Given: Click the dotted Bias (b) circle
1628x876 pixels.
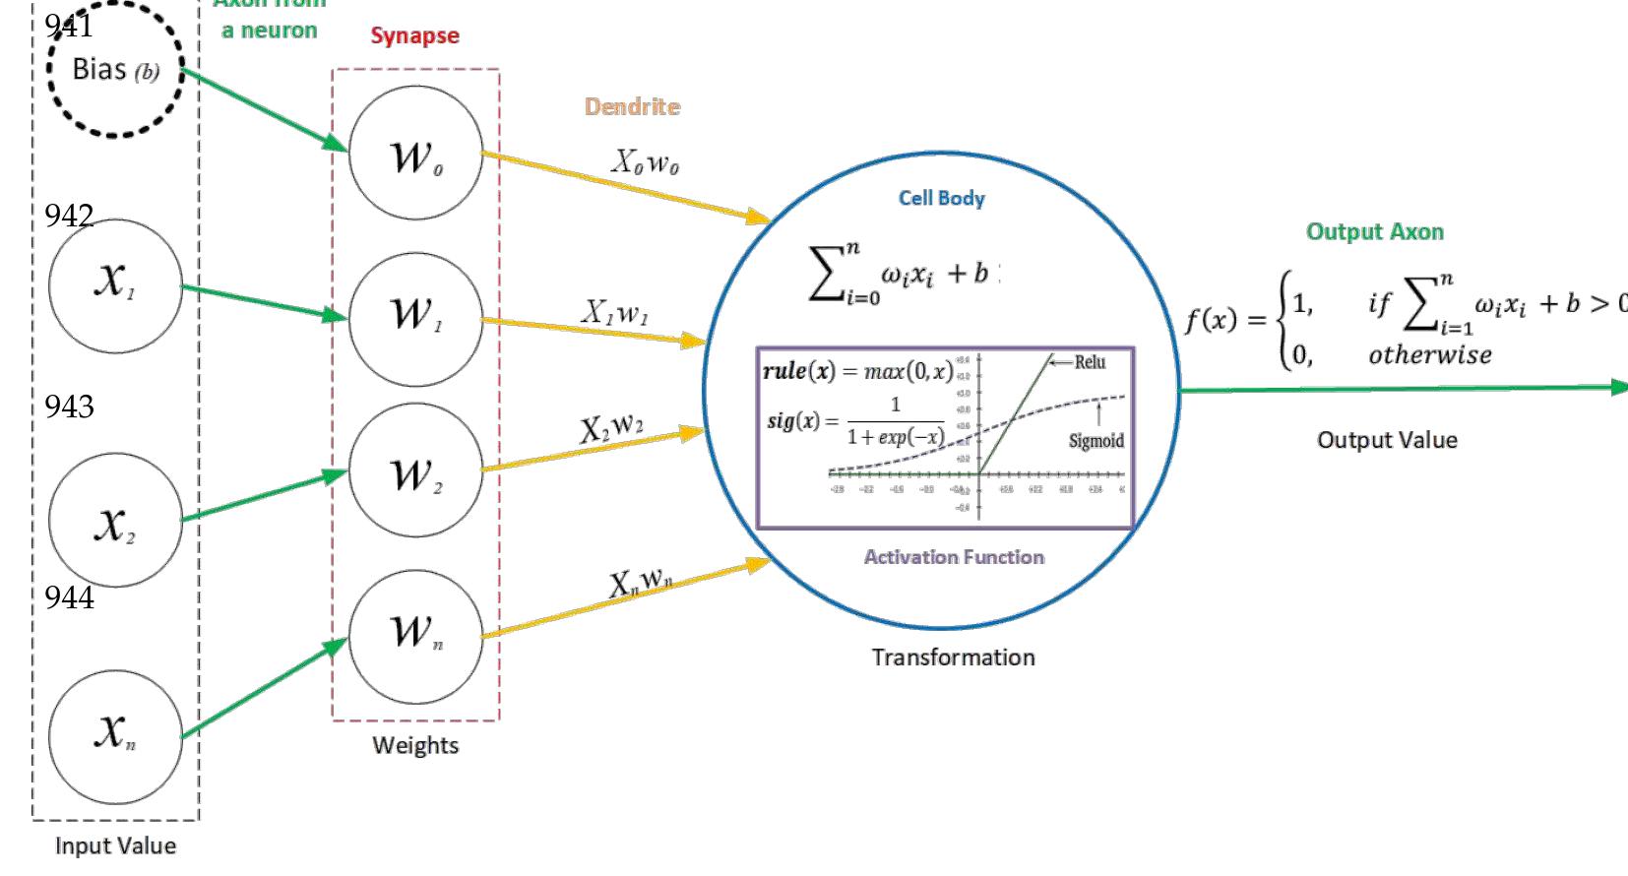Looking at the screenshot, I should point(115,69).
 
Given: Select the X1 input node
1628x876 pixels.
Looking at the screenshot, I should point(115,284).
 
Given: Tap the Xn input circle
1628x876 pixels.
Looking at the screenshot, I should point(115,736).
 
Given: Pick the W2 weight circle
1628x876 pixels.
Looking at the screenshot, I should point(415,476).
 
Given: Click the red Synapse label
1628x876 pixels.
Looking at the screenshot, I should point(414,36).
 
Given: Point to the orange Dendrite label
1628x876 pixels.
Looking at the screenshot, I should point(632,106).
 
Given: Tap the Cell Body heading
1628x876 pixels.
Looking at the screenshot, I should point(941,198).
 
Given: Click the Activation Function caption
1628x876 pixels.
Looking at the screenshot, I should point(953,557).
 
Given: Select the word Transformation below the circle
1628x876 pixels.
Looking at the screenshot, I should point(953,657).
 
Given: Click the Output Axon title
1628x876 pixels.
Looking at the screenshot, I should point(1374,232).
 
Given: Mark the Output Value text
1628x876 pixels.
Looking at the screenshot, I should point(1386,440).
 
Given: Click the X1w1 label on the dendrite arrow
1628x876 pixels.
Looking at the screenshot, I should point(613,313).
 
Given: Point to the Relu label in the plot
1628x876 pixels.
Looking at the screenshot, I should point(1089,362).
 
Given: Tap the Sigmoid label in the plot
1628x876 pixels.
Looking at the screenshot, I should point(1096,441).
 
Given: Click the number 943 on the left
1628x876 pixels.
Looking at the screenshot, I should point(69,407).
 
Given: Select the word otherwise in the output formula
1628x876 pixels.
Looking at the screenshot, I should point(1429,355).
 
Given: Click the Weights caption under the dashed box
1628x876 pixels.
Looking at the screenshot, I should point(414,745).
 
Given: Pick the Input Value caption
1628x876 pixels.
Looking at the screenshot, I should point(115,845).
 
